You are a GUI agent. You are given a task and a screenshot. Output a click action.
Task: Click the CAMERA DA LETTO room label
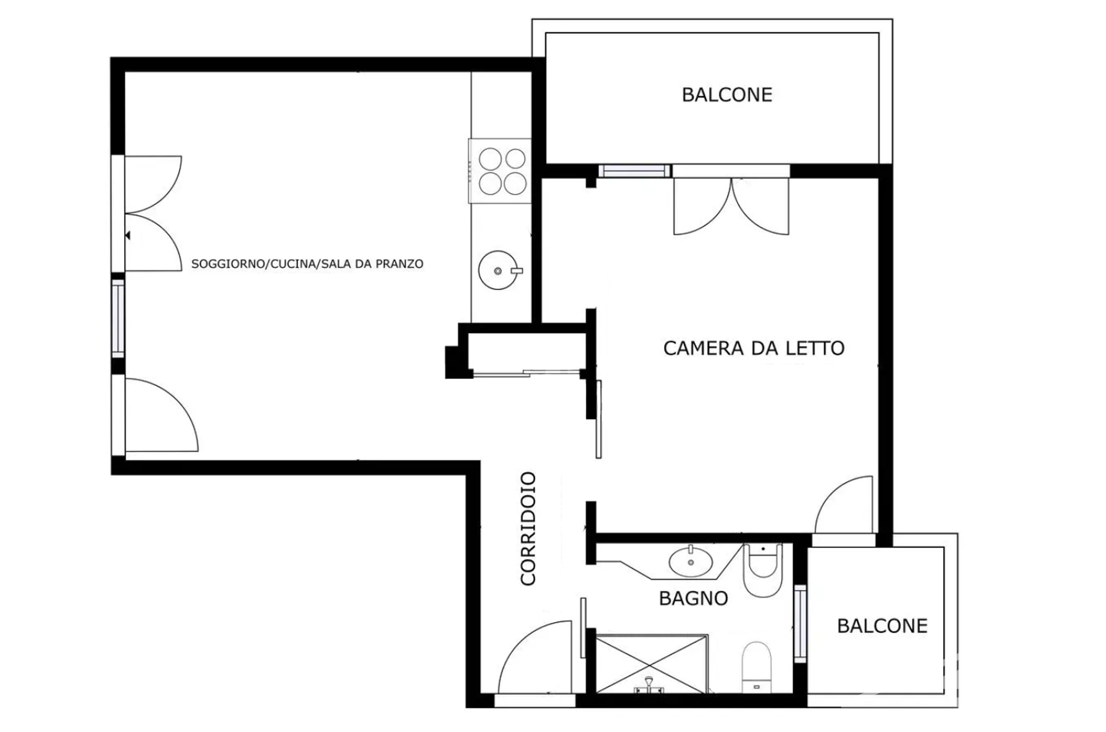point(754,348)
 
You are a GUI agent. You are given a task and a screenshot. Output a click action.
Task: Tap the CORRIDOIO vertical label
point(528,528)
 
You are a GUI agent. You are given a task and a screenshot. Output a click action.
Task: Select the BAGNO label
point(693,598)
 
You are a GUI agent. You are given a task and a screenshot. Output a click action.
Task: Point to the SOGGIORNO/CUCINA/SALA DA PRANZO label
point(307,264)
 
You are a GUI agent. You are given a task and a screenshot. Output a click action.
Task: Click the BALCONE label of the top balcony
point(727,94)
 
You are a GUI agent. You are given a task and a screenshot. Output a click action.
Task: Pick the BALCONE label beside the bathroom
point(882,626)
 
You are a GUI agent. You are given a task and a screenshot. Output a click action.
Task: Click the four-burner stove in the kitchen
point(501,171)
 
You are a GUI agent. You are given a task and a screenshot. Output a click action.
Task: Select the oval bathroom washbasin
point(691,560)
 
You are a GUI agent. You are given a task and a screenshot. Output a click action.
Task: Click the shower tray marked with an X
point(652,663)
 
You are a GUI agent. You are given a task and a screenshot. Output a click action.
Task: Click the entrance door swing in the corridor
point(534,657)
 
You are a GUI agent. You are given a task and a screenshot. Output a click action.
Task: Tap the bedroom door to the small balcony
point(844,504)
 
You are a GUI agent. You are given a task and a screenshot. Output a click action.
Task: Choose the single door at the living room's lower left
point(161,415)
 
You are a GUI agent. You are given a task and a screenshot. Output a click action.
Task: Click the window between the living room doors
point(118,317)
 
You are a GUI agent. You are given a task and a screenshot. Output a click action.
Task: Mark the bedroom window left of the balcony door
point(634,171)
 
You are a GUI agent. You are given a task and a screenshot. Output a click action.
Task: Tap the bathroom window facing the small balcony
point(800,623)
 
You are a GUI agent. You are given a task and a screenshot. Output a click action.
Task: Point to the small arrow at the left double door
point(127,236)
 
